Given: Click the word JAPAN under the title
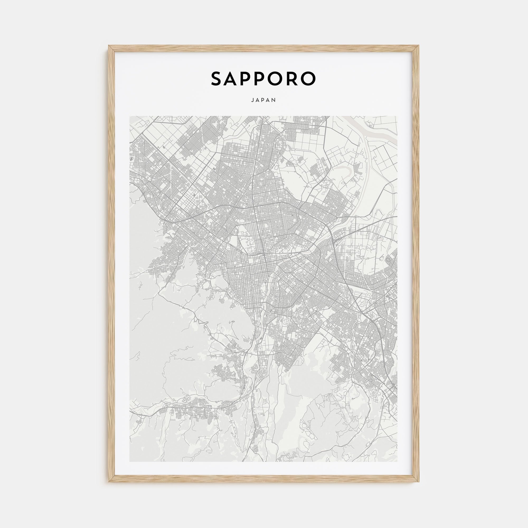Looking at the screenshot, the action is click(264, 100).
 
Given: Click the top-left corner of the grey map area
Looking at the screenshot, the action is click(130, 116).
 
